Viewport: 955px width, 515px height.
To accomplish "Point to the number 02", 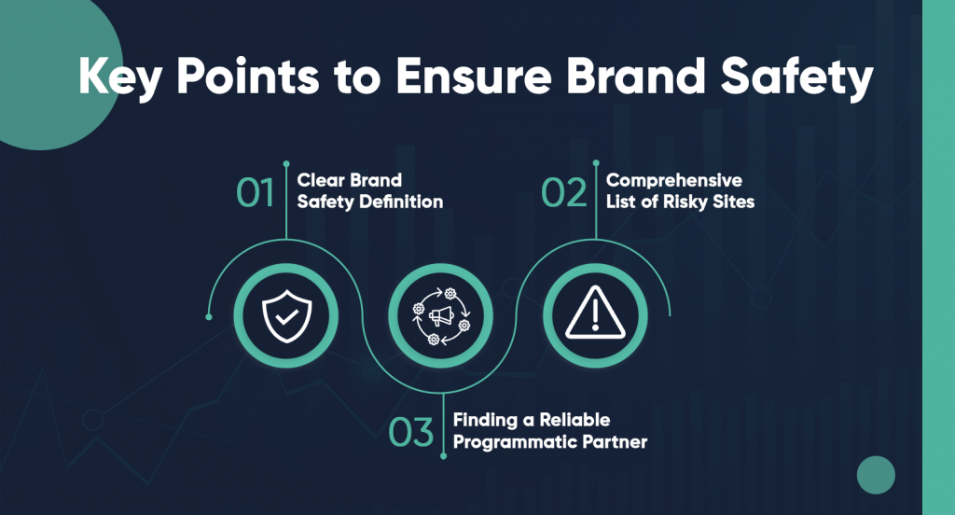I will tap(564, 192).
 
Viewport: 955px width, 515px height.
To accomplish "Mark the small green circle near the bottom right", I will tap(875, 475).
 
